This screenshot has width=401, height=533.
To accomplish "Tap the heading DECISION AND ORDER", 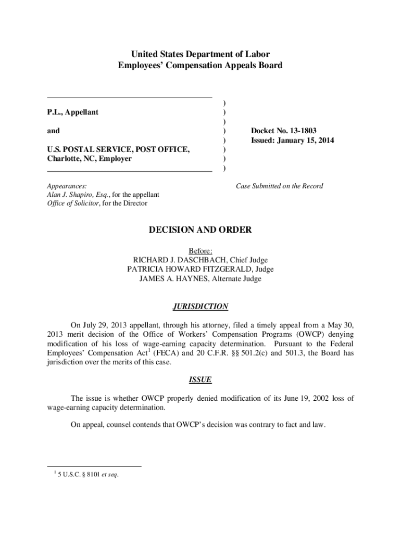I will point(200,230).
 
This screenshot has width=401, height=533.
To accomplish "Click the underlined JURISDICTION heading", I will point(200,306).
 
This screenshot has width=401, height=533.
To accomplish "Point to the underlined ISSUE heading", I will point(200,380).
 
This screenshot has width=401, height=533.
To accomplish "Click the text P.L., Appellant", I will point(72,112).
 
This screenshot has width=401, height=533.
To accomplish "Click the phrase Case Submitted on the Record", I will point(280,186).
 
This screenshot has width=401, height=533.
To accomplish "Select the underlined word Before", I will point(200,250).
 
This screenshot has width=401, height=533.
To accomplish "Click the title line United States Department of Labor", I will point(200,54).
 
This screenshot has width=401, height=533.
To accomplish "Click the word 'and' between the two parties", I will point(53,131).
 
